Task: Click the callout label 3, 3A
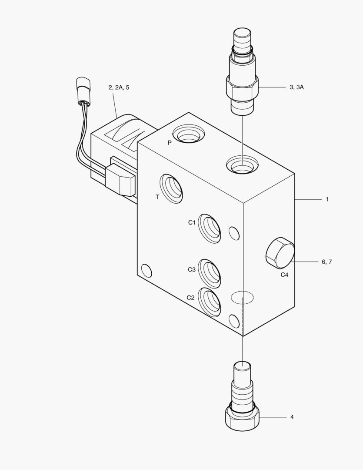tap(296, 87)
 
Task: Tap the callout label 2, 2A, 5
tap(119, 87)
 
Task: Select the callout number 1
tap(327, 199)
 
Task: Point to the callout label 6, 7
tap(327, 262)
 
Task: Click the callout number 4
tap(292, 417)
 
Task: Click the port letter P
tap(170, 143)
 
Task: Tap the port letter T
tap(157, 197)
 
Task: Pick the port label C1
tap(192, 222)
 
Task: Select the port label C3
tap(192, 269)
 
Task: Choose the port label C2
tap(190, 298)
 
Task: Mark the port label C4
tap(284, 275)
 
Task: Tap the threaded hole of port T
tap(171, 189)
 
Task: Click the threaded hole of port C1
tap(210, 228)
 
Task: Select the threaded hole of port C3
tap(210, 273)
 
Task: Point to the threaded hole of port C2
tap(210, 302)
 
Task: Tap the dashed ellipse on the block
tap(242, 297)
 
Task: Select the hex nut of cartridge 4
tap(242, 417)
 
